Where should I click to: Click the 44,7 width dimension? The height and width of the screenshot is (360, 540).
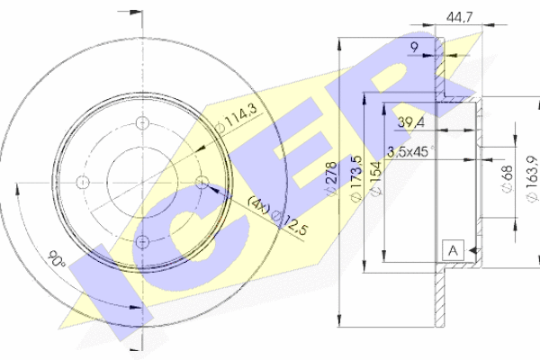tap(459, 16)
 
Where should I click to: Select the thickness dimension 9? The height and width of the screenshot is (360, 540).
tap(415, 47)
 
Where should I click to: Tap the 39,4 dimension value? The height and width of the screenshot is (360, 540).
tap(411, 122)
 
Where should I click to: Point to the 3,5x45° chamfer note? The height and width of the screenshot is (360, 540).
tap(411, 151)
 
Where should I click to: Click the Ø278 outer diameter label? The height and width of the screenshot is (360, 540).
tap(331, 179)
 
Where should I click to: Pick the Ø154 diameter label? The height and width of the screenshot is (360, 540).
tap(376, 178)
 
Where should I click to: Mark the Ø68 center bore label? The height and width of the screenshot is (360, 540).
tap(508, 179)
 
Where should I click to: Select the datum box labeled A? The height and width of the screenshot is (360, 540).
tap(454, 250)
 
